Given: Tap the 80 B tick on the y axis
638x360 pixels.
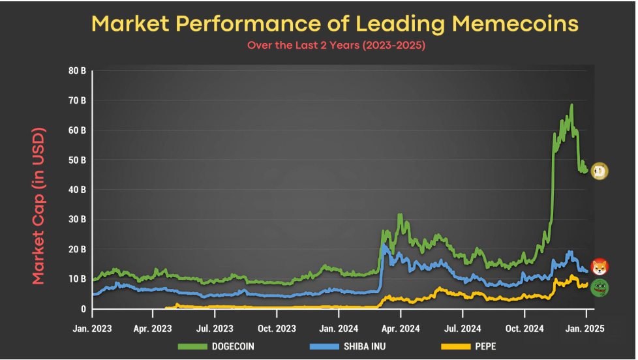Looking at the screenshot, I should coord(76,70).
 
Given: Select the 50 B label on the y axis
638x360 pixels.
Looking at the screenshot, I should coord(76,160).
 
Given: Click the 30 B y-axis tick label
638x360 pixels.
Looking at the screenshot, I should coord(76,219).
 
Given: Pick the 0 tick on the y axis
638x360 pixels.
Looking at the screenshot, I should coord(83,308).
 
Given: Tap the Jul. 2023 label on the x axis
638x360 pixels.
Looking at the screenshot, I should coord(215,329).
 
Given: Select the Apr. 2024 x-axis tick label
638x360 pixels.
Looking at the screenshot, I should coord(400,329).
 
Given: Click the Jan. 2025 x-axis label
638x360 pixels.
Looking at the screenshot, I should coord(586,329).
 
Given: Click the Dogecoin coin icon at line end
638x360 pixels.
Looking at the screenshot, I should coord(600,172).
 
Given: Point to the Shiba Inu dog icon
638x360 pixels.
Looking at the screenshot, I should coord(600,266).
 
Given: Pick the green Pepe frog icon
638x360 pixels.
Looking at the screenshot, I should coord(600,288).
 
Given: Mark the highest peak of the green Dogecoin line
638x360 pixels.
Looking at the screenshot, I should coord(571,105).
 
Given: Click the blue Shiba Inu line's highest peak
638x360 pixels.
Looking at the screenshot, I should coord(384,245).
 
